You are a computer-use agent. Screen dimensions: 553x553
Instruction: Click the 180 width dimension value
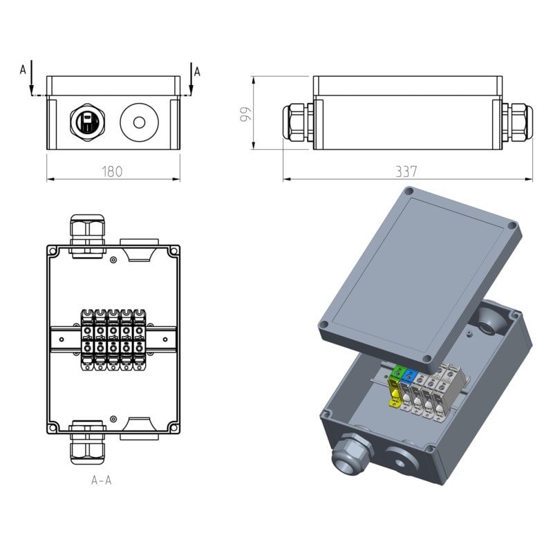(x=112, y=171)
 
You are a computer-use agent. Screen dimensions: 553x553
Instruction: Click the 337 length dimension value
(x=406, y=171)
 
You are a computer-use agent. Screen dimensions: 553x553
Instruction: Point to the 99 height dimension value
(x=246, y=114)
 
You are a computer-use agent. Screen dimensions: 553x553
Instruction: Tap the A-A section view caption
(x=101, y=480)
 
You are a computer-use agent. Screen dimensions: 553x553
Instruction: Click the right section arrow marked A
(x=191, y=79)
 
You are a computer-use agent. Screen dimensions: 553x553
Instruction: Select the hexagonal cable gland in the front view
(x=87, y=122)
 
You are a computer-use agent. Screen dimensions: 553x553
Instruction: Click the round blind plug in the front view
(x=140, y=122)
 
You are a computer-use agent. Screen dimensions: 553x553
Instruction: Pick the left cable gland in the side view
(x=298, y=122)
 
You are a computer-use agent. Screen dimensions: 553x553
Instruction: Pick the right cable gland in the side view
(x=517, y=122)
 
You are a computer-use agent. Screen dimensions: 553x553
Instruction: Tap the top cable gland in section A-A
(x=88, y=236)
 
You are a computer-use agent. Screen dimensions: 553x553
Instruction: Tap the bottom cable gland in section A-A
(x=88, y=442)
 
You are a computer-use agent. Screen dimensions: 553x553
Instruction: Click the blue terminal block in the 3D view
(x=409, y=376)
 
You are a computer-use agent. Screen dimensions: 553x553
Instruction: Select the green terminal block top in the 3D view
(x=398, y=373)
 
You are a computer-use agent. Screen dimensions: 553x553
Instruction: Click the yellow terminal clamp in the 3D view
(x=395, y=393)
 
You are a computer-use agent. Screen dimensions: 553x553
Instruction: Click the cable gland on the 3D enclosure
(x=351, y=456)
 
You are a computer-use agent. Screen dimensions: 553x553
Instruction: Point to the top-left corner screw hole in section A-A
(x=53, y=252)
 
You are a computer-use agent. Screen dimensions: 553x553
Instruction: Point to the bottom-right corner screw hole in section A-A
(x=174, y=428)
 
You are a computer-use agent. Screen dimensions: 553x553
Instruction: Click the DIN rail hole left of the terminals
(x=62, y=339)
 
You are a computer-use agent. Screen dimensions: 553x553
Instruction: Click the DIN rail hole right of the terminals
(x=165, y=339)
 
